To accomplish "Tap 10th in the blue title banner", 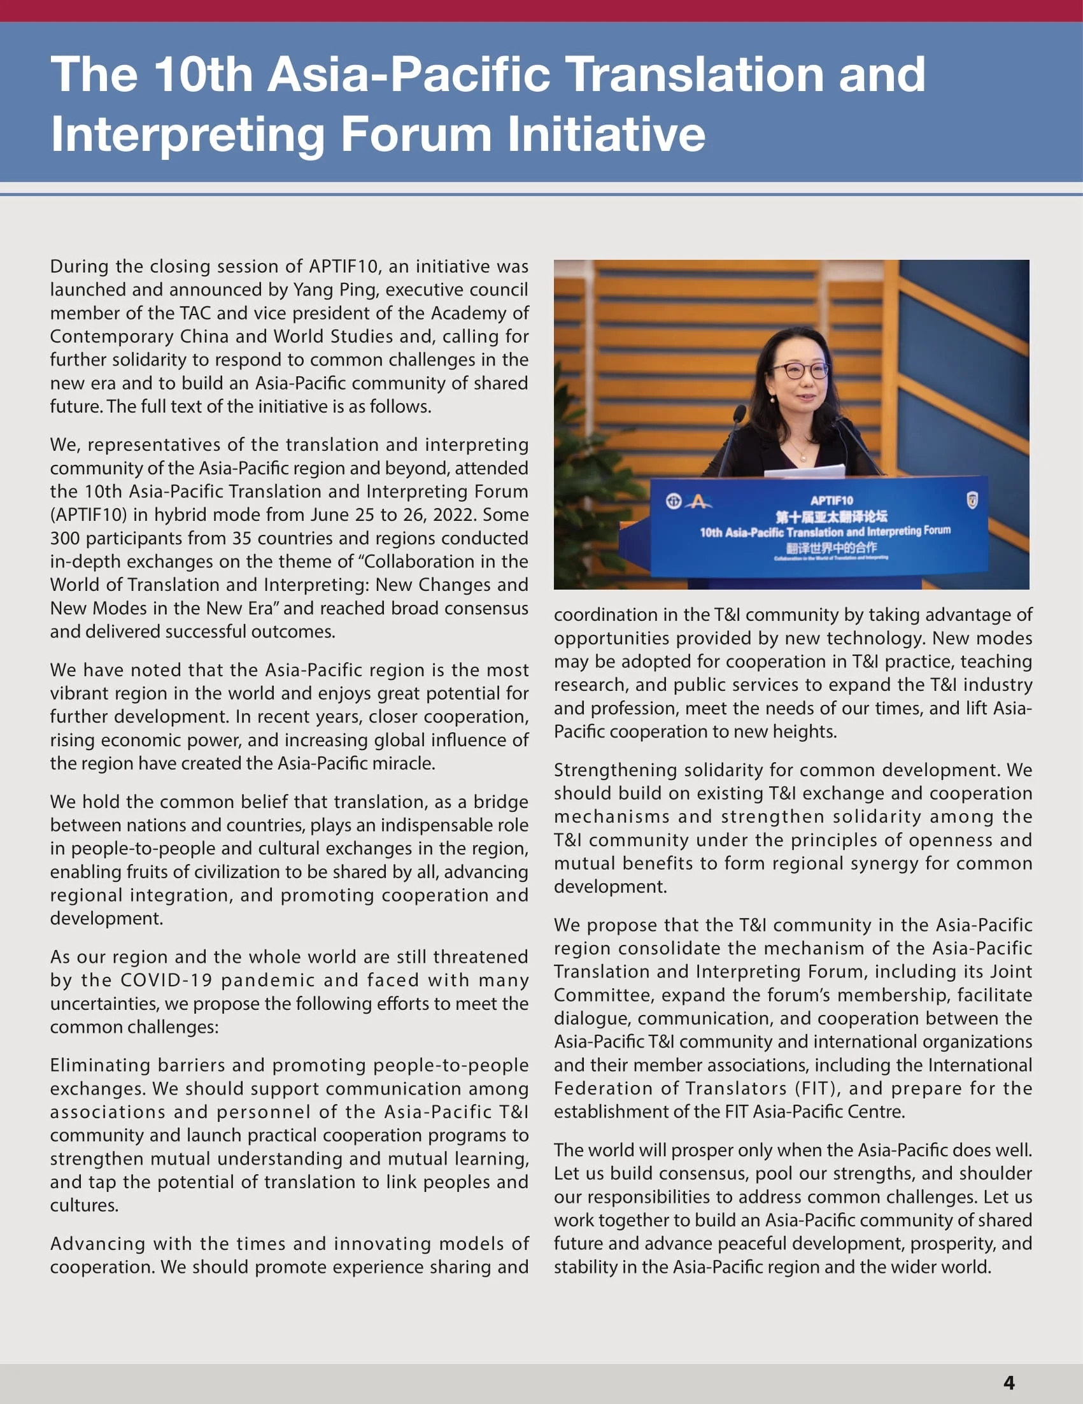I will click(202, 74).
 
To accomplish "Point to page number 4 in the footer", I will click(1009, 1382).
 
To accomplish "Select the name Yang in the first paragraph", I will click(315, 290).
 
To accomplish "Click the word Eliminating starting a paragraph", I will click(99, 1065).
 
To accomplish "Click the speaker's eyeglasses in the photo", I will click(799, 371).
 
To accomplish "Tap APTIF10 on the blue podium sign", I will click(831, 500).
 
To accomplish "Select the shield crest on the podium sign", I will click(972, 500).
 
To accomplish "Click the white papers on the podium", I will click(805, 471).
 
